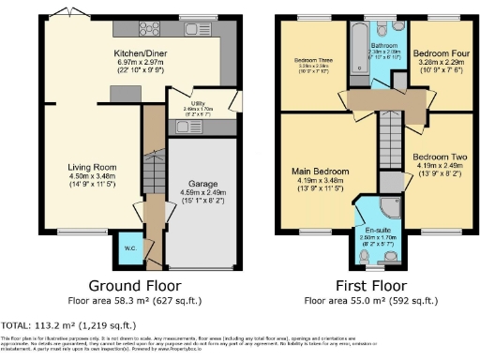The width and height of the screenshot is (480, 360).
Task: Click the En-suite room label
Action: pyautogui.click(x=379, y=230)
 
